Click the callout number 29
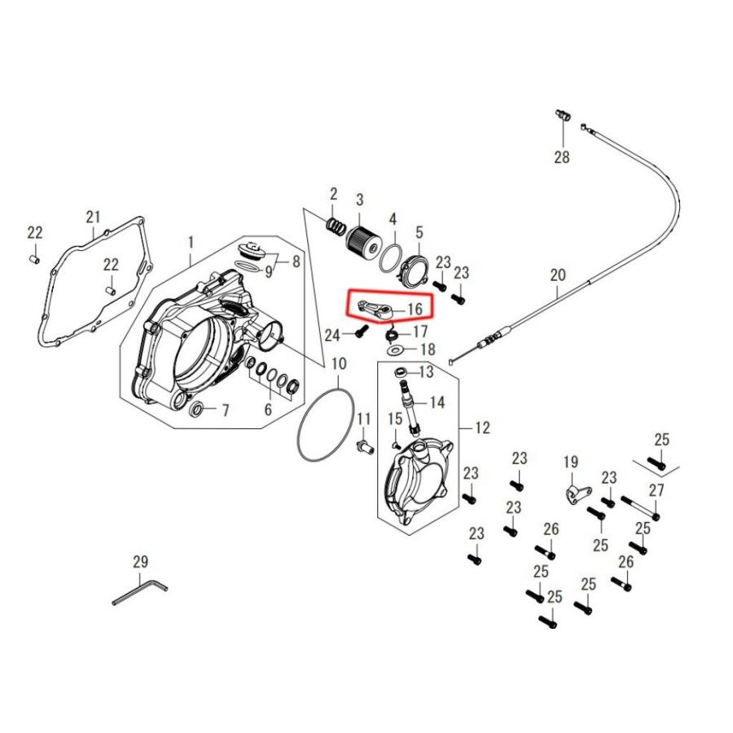click(x=140, y=561)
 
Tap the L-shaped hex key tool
click(x=140, y=592)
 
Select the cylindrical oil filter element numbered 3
click(x=364, y=241)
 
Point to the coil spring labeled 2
click(x=336, y=226)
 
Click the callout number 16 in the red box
click(x=415, y=309)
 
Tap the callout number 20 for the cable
click(x=558, y=275)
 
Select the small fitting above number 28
click(x=562, y=115)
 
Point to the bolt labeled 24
click(x=361, y=331)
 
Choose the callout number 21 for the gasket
click(x=93, y=217)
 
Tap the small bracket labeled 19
click(x=577, y=494)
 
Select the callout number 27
click(x=656, y=490)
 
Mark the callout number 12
click(x=482, y=428)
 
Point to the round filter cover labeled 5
click(x=412, y=270)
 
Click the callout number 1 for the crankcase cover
click(x=191, y=242)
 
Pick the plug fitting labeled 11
click(x=365, y=446)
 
